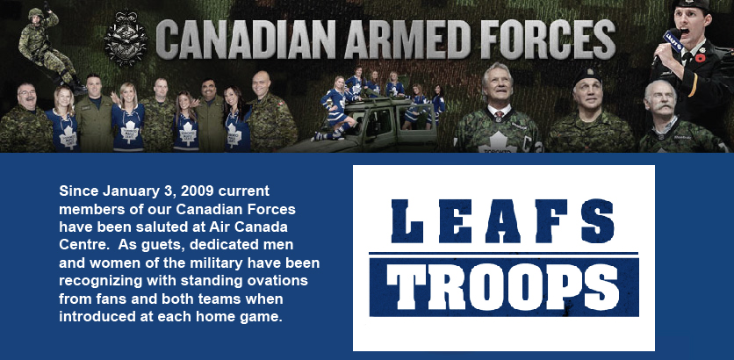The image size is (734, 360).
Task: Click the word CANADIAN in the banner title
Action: pos(245,40)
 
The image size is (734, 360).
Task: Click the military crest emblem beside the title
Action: pos(125,39)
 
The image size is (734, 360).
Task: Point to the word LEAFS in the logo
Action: pos(503,221)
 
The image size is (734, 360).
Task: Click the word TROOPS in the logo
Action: pos(504,285)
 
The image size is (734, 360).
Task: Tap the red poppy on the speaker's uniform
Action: pos(701,59)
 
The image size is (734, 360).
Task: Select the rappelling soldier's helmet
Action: pos(36,12)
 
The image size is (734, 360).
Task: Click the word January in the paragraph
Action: pos(128,191)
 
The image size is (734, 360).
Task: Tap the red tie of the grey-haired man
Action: pos(500,115)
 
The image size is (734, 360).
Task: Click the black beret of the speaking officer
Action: pos(691,5)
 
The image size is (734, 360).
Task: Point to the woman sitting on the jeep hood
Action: pos(335,107)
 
